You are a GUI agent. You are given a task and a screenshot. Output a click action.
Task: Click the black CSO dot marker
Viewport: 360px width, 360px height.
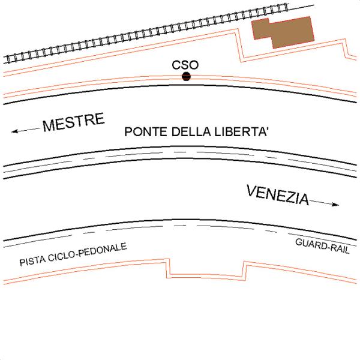pos(186,76)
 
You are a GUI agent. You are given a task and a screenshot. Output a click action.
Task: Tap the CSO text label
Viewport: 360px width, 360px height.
pos(185,64)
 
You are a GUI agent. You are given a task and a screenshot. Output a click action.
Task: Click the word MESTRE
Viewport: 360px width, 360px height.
pos(74,122)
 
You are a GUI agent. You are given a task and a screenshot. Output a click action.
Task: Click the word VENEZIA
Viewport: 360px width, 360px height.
pos(278,195)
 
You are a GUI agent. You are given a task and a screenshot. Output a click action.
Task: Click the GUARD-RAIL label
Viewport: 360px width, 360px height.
pos(323,245)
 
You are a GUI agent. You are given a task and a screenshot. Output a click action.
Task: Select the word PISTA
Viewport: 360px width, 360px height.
pos(33,262)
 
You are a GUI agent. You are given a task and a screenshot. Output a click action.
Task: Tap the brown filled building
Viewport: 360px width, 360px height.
pos(284,31)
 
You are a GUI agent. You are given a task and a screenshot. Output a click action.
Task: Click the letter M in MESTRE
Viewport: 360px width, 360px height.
pos(50,126)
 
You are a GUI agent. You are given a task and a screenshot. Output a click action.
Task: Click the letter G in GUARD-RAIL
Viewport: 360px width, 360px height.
pos(299,242)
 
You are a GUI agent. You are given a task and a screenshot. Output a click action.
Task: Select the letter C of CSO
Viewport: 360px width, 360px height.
pos(176,64)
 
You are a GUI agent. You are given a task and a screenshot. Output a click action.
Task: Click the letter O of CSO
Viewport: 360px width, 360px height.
pos(193,64)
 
